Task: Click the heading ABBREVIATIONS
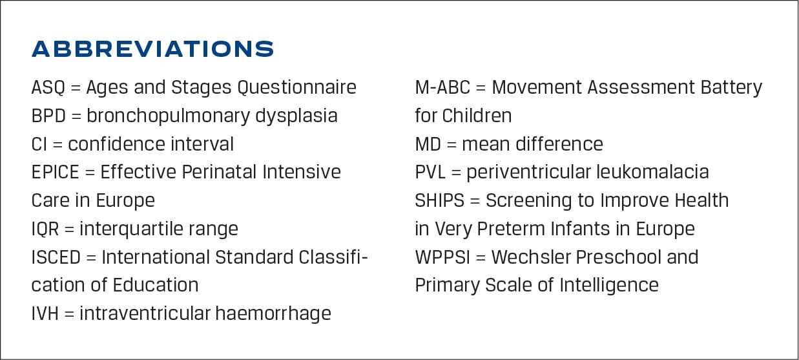tap(152, 49)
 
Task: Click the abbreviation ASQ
tap(48, 88)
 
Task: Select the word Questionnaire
tap(296, 88)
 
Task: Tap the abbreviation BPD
tap(48, 116)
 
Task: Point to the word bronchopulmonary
tap(168, 116)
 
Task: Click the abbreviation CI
tap(39, 145)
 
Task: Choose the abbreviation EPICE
tap(56, 173)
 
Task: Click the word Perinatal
tap(220, 172)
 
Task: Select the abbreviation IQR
tap(45, 229)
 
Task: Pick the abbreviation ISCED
tap(56, 258)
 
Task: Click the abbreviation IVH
tap(45, 314)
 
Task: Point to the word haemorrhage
tap(273, 314)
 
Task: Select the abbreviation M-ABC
tap(442, 88)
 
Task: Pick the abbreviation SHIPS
tap(440, 201)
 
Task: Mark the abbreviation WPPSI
tap(442, 258)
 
